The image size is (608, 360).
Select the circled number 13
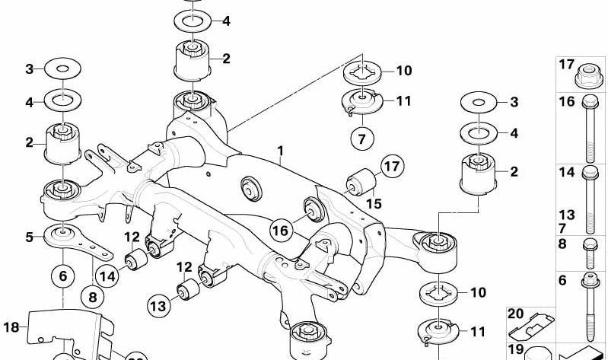click(x=157, y=306)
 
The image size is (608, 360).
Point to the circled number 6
click(x=63, y=277)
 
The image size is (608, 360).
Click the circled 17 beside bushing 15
click(x=392, y=167)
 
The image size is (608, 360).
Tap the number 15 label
click(x=372, y=203)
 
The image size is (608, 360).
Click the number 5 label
click(x=29, y=237)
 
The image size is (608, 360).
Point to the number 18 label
click(x=10, y=327)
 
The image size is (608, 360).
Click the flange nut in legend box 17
click(x=587, y=74)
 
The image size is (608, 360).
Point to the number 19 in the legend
click(x=515, y=350)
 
